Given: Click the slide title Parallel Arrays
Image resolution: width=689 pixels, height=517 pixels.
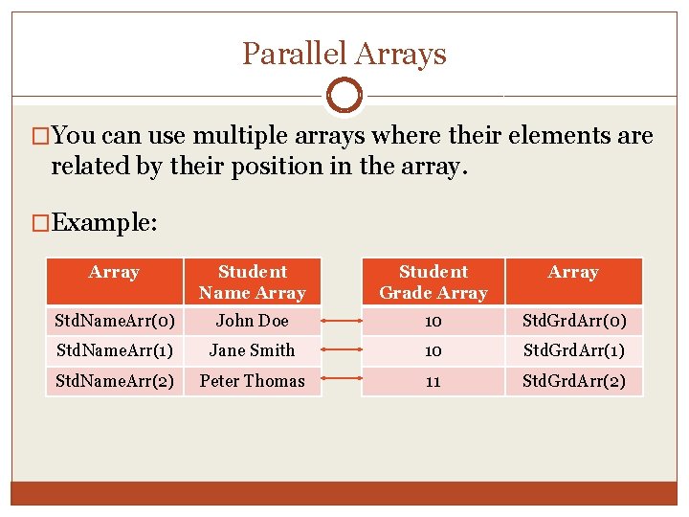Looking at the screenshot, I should coord(344,54).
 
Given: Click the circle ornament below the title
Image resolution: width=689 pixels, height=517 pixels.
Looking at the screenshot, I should coord(344,96).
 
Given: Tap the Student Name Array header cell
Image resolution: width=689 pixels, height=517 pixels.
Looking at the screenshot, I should coord(252,282).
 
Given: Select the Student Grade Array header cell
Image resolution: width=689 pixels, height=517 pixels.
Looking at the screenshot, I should coord(433,282).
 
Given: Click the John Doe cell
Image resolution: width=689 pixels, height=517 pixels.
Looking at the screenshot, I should coord(252,321).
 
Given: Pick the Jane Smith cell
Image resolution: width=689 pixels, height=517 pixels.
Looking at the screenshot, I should coord(252,350).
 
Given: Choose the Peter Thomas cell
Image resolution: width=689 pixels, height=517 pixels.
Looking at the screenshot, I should coord(252,380).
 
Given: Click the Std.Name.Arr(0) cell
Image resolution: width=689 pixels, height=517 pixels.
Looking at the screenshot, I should coord(115,321).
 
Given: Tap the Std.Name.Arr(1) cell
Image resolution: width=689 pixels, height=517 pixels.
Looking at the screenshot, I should coord(115,350).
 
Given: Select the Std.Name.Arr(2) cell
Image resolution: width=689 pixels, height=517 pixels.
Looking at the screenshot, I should coord(115,380).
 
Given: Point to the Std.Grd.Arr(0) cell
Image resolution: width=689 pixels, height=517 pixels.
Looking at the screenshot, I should coord(573,321).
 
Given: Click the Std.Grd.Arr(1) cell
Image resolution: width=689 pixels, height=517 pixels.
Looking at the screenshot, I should coord(573,350).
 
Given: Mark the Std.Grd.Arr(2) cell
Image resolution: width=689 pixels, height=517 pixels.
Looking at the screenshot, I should coord(573,380).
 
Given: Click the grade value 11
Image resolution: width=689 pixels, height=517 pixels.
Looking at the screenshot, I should coord(433,381).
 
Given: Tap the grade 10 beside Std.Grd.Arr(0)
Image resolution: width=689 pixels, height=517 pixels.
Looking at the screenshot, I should coord(433,321).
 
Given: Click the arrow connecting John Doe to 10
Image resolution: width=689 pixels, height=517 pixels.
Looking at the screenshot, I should coord(343,321).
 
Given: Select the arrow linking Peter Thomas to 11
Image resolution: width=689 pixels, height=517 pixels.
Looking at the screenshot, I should coord(343,381).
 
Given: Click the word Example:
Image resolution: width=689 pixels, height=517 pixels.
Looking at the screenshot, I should coord(104,223).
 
